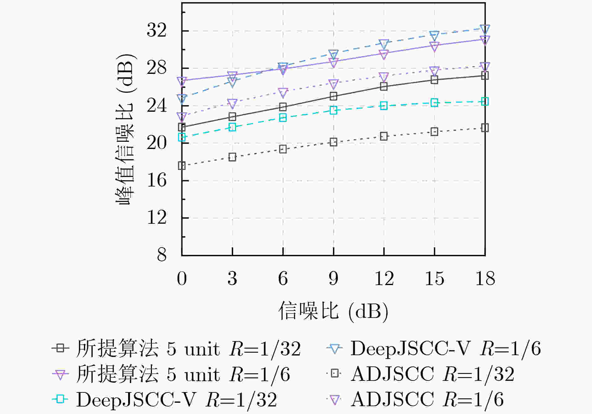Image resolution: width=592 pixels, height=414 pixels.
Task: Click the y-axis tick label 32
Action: coord(157,31)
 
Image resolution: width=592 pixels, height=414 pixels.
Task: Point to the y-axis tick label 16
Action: coord(157,181)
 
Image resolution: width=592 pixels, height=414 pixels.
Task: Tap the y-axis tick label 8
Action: coord(162,255)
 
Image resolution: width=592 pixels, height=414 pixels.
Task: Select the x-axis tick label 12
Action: coord(384,278)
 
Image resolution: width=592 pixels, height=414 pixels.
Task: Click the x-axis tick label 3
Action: coord(232,278)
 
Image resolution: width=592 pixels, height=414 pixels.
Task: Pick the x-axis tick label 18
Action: coord(485,278)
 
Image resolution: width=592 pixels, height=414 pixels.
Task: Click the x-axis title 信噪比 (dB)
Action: coord(333,311)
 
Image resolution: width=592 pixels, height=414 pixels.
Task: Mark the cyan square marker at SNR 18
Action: coord(485,101)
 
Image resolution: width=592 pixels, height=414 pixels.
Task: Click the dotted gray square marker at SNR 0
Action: coord(182,166)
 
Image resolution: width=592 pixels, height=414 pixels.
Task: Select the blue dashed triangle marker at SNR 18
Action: coord(485,29)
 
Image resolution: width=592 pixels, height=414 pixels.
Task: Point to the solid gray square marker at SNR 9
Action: coord(333,96)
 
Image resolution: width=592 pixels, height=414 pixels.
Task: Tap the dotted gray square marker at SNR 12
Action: coord(384,136)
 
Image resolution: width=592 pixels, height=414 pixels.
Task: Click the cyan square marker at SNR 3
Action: coord(232,127)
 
